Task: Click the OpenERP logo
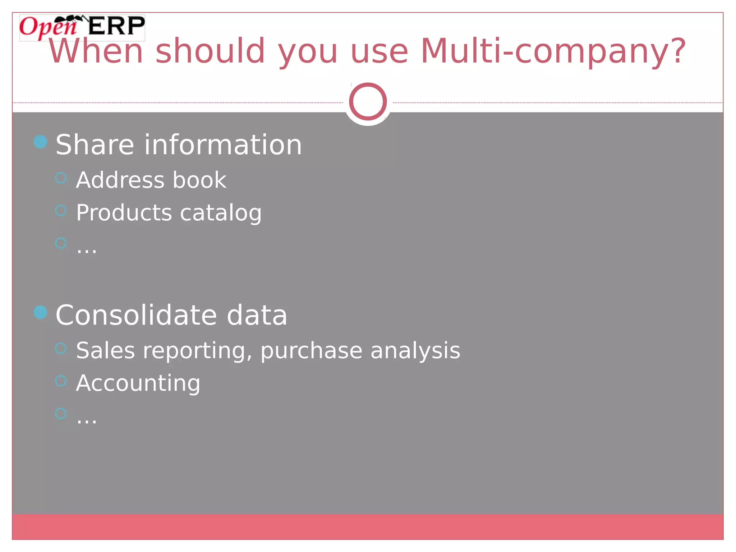point(82,27)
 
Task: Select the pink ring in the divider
point(368,101)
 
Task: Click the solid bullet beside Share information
point(41,142)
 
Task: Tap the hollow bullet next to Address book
point(61,178)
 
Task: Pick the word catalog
point(221,213)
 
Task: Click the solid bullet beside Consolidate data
point(41,312)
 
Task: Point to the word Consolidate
point(136,315)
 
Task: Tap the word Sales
point(106,350)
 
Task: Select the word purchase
point(311,351)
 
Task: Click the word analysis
point(415,351)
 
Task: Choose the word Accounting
point(138,383)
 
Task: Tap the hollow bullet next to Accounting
point(61,381)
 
